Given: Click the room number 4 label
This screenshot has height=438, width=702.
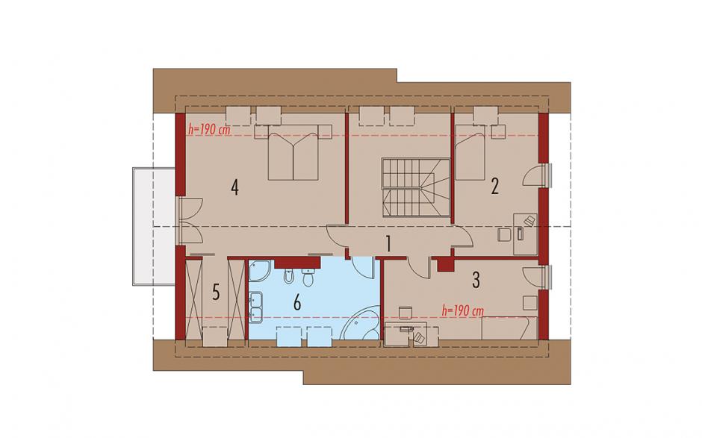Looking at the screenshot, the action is (234, 187).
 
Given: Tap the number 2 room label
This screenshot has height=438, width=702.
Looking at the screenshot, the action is (494, 187).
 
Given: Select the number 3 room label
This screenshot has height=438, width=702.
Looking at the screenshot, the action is (476, 280).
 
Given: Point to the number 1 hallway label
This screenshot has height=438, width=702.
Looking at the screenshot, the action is (388, 244).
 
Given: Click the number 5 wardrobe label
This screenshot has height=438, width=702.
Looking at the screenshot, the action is (216, 293).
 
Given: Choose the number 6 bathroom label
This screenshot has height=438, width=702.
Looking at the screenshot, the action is (296, 303).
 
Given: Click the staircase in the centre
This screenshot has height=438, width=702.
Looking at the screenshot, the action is (415, 187).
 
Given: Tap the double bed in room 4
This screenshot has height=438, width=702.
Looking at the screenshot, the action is (293, 152).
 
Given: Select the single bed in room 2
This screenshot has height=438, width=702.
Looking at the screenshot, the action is (470, 152).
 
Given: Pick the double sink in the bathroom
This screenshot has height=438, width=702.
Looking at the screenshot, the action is (255, 307).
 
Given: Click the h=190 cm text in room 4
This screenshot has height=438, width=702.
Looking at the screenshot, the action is (209, 130).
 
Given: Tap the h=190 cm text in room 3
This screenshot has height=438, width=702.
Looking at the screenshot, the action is (462, 310).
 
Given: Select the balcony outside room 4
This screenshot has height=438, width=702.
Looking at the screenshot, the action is (154, 226).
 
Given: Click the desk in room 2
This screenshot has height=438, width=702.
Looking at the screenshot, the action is (525, 234).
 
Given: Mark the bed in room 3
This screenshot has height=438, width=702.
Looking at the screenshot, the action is (509, 328).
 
